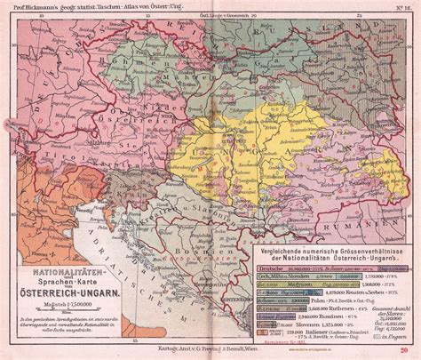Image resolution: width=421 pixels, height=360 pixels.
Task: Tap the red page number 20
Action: (x=403, y=352)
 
